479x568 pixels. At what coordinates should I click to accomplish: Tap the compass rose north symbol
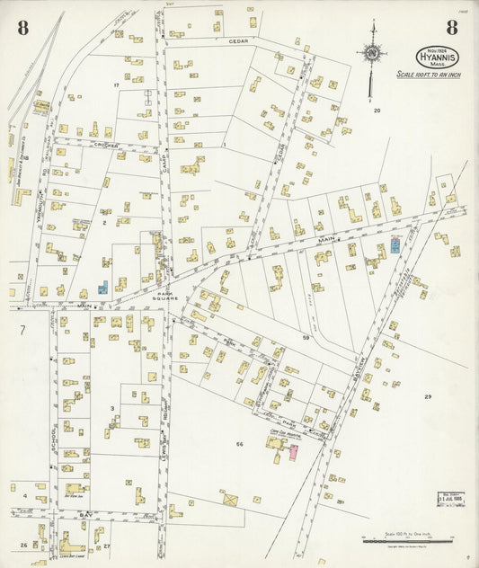[x=370, y=52]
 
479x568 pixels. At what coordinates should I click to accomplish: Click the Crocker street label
[x=106, y=145]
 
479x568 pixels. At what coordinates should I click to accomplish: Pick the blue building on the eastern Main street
[x=395, y=244]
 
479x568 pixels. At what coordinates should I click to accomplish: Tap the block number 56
[x=240, y=445]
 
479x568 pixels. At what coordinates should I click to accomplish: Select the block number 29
[x=428, y=396]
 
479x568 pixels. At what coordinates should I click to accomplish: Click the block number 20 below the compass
[x=377, y=111]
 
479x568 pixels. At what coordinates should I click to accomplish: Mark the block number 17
[x=116, y=84]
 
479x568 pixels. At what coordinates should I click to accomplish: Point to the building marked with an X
[x=230, y=498]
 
